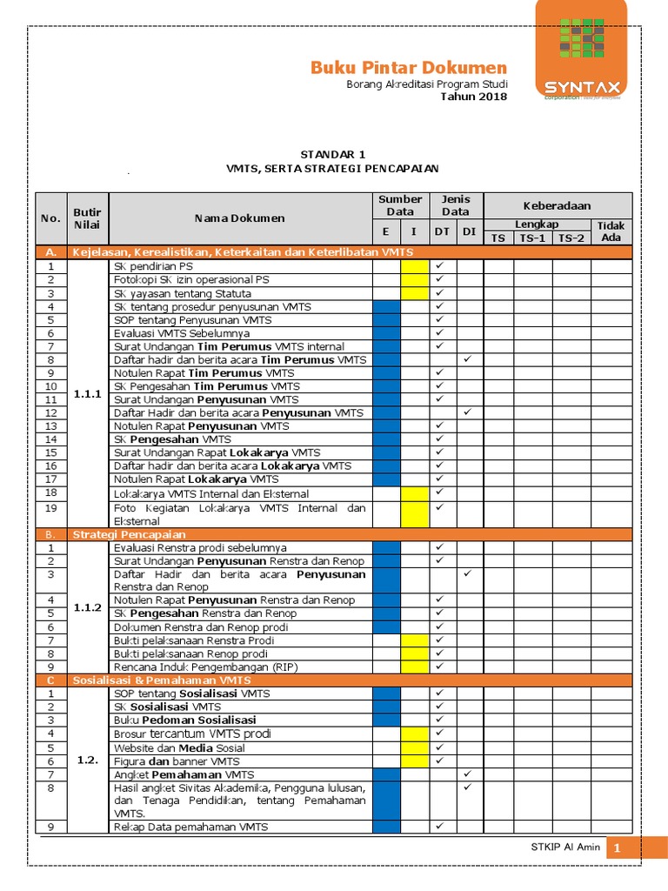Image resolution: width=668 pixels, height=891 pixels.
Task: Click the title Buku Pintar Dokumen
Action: click(409, 68)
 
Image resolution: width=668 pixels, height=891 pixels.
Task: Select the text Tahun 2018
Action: click(474, 97)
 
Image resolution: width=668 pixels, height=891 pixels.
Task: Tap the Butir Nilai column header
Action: click(87, 218)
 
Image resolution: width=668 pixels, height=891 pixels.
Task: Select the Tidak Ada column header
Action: click(611, 231)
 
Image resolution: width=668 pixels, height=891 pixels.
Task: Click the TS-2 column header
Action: click(571, 238)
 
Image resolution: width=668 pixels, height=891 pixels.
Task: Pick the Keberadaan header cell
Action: click(557, 205)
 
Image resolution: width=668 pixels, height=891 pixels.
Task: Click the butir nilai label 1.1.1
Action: click(87, 393)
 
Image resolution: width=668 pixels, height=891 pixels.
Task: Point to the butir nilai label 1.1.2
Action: click(87, 607)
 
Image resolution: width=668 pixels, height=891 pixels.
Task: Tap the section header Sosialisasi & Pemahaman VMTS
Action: click(162, 680)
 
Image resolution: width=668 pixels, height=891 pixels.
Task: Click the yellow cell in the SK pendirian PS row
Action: click(414, 266)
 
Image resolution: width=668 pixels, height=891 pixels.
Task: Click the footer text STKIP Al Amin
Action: click(565, 847)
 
